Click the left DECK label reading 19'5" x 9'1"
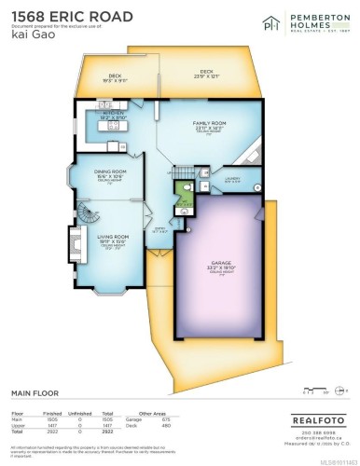(115, 77)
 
